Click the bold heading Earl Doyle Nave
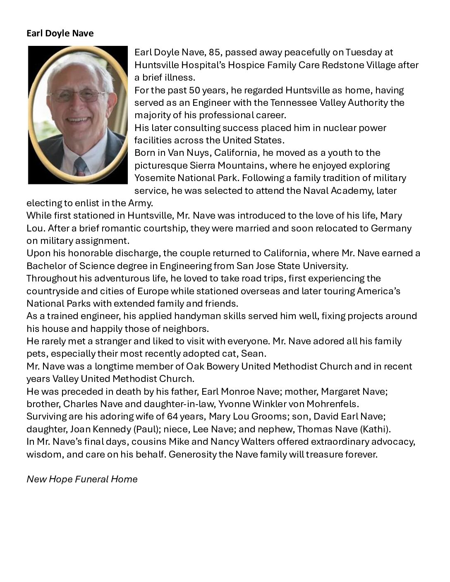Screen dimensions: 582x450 [x=60, y=33]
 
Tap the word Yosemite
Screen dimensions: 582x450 [x=154, y=178]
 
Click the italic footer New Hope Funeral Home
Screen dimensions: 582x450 [x=82, y=479]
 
